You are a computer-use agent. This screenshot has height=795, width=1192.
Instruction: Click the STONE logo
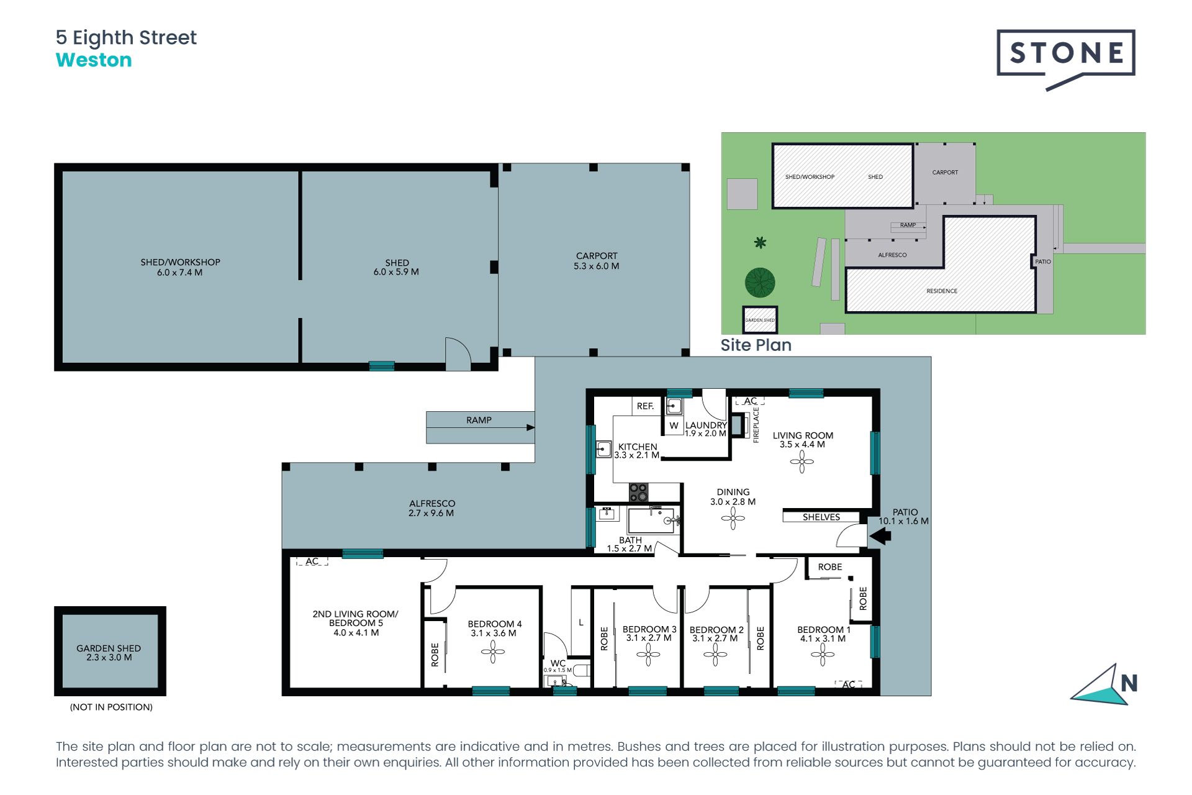(x=1065, y=53)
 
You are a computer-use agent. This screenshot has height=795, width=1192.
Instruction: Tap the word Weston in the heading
(x=94, y=60)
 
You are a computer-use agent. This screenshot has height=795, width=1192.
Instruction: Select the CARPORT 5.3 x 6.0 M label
(x=596, y=261)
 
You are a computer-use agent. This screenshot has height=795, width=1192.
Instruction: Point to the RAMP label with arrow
(x=479, y=420)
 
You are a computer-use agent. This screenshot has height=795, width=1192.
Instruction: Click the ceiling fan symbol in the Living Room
(x=801, y=461)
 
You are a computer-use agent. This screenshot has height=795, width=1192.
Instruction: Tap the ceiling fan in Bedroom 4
(x=493, y=652)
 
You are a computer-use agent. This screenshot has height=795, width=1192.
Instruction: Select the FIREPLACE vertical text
(x=756, y=425)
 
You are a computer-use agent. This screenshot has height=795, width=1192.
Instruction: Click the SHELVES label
(x=821, y=517)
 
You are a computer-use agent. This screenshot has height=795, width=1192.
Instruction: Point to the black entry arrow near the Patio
(x=880, y=535)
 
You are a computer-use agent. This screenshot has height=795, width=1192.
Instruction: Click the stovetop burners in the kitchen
(x=638, y=493)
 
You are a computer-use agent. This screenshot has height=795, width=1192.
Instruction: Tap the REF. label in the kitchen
(x=645, y=406)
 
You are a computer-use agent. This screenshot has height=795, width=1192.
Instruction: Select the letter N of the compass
(x=1129, y=683)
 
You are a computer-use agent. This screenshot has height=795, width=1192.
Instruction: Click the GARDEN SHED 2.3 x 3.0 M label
(x=109, y=652)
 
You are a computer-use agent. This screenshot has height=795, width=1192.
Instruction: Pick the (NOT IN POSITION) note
(x=111, y=707)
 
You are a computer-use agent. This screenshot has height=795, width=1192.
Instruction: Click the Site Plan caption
(x=756, y=345)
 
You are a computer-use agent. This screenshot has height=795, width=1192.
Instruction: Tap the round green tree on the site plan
(x=760, y=283)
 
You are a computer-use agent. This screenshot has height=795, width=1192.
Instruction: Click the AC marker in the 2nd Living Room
(x=312, y=561)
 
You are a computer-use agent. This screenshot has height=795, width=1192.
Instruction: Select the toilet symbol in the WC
(x=581, y=670)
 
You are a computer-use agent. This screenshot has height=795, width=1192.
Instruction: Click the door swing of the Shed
(x=458, y=353)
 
